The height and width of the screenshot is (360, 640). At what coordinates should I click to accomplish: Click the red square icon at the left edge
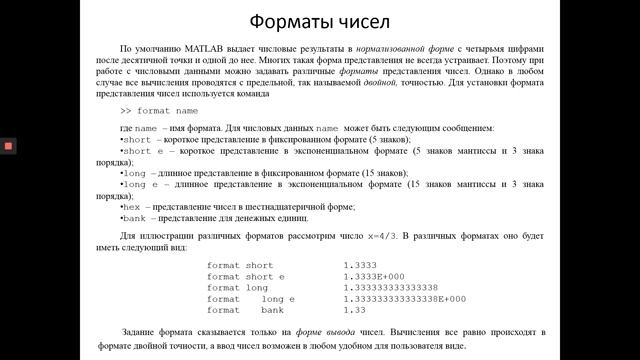click(8, 145)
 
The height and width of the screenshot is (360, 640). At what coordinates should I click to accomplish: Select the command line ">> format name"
click(159, 111)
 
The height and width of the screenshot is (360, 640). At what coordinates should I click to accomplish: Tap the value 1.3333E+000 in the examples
click(373, 276)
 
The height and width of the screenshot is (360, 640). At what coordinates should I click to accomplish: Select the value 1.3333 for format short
click(359, 265)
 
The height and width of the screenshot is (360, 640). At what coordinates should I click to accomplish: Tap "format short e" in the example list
click(246, 276)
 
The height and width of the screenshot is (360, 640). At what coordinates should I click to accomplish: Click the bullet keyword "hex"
click(133, 207)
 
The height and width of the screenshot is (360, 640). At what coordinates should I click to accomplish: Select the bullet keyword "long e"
click(140, 185)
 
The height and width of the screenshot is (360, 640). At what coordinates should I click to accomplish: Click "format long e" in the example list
click(251, 299)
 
